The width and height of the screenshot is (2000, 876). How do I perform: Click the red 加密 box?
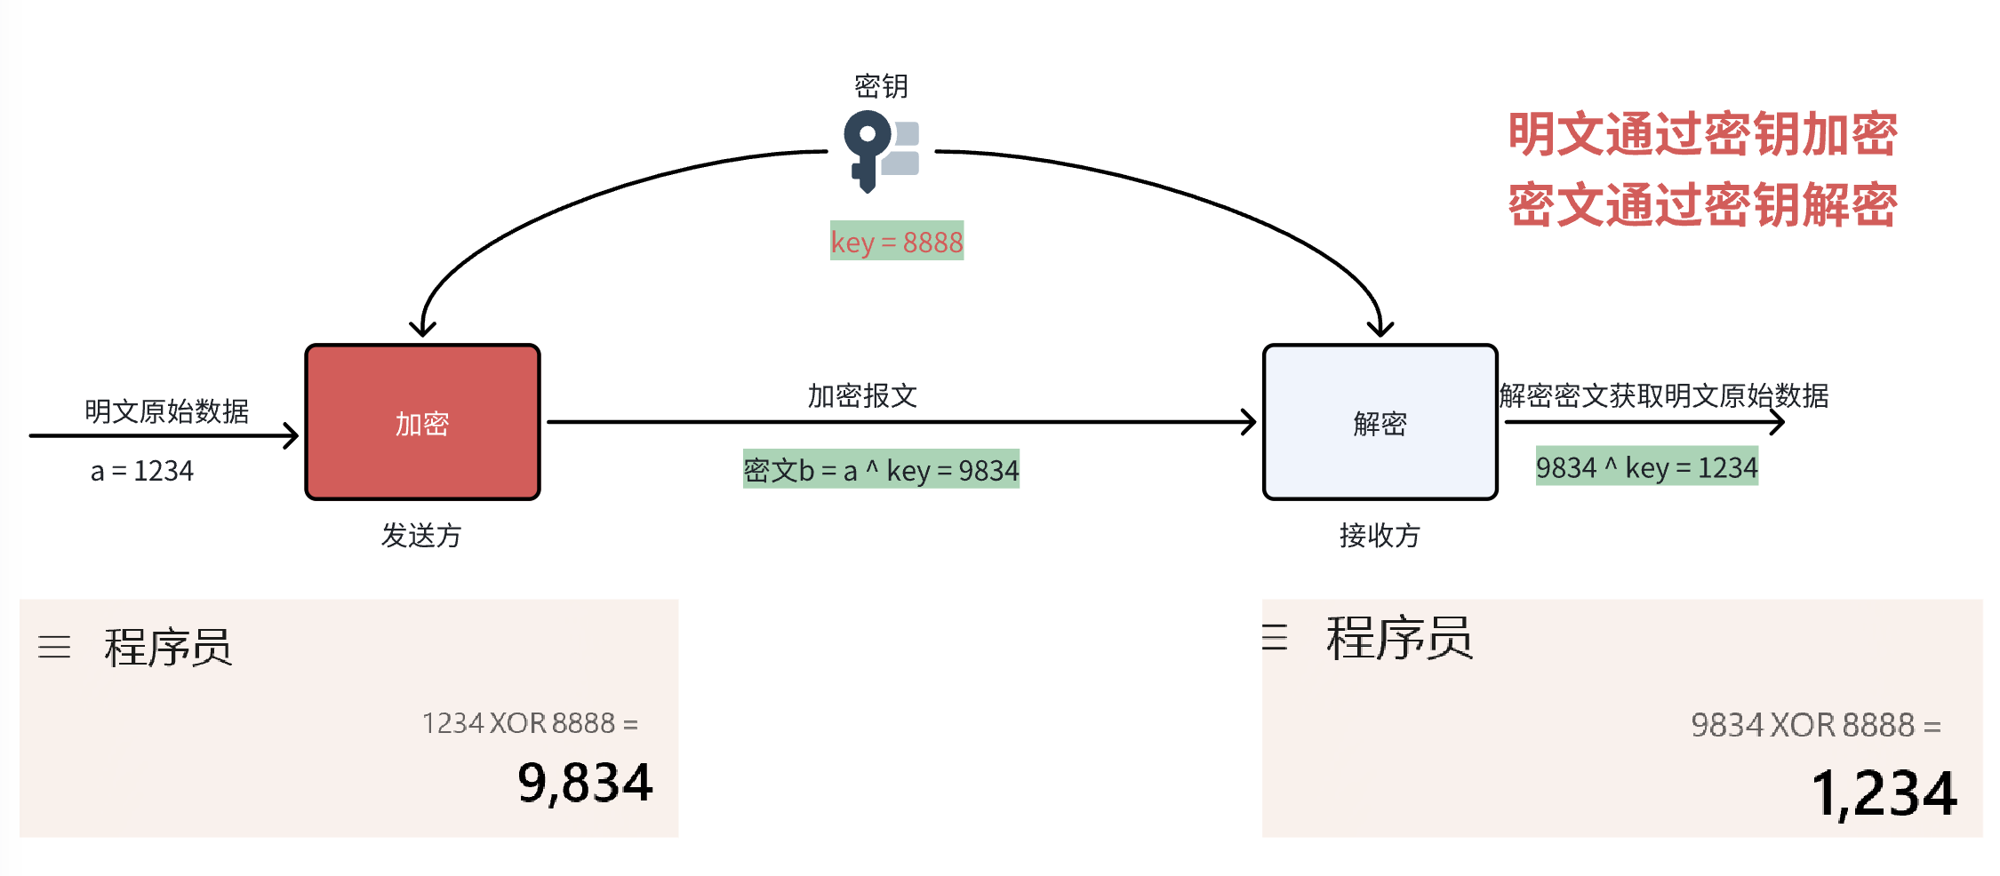coord(422,422)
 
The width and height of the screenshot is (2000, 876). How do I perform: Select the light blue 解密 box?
coord(1380,422)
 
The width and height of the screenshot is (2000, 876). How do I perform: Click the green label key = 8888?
coord(896,241)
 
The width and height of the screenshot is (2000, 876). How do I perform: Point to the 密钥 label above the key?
coord(881,86)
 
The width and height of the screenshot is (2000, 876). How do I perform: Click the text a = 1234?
coord(142,471)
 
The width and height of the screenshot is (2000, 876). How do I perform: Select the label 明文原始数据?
coord(166,410)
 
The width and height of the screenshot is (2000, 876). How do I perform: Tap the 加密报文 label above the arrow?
coord(862,395)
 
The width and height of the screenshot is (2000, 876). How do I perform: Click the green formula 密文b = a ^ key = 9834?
coord(881,470)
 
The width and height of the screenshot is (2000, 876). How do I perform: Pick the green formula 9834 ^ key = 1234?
coord(1646,467)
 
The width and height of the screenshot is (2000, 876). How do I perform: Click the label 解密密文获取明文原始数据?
coord(1663,395)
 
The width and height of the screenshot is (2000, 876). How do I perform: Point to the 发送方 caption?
coord(421,535)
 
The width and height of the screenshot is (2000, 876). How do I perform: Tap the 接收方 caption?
coord(1380,535)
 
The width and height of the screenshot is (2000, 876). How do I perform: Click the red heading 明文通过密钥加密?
coord(1702,134)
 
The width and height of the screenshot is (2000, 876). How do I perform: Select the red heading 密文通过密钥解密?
coord(1702,205)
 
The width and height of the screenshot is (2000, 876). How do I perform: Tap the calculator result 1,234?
coord(1884,792)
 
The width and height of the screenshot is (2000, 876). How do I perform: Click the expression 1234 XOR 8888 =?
coord(530,723)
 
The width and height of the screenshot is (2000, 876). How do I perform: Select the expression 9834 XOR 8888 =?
coord(1815,725)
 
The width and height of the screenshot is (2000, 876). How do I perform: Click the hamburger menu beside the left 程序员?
coord(54,647)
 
